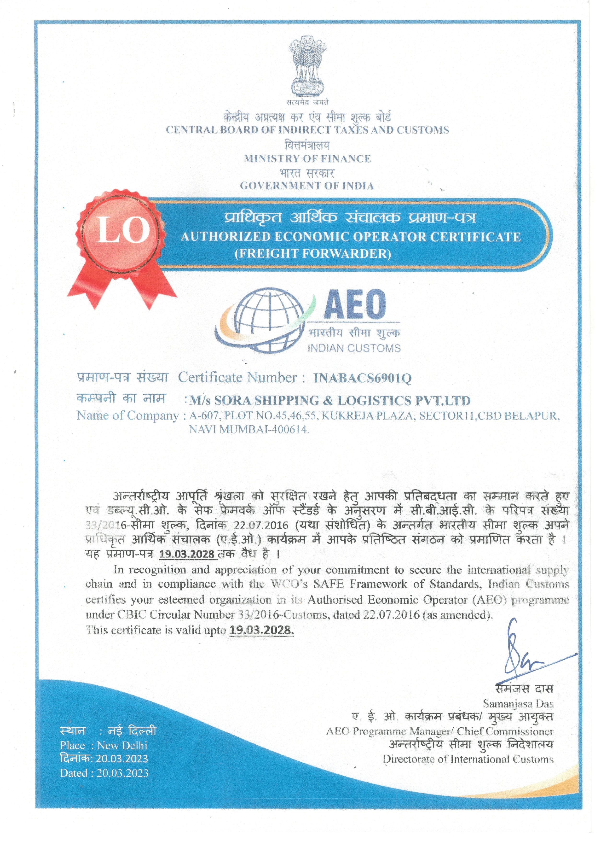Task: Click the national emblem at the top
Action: click(x=307, y=66)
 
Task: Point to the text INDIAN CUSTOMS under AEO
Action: click(x=354, y=348)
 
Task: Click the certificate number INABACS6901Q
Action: click(x=362, y=378)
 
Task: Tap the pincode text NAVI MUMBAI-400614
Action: click(x=249, y=429)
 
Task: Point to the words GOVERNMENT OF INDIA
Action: click(x=307, y=186)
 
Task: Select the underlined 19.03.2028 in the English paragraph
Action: click(x=262, y=630)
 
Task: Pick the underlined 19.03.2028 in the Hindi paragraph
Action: click(x=187, y=554)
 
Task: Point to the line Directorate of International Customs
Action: click(x=468, y=759)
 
